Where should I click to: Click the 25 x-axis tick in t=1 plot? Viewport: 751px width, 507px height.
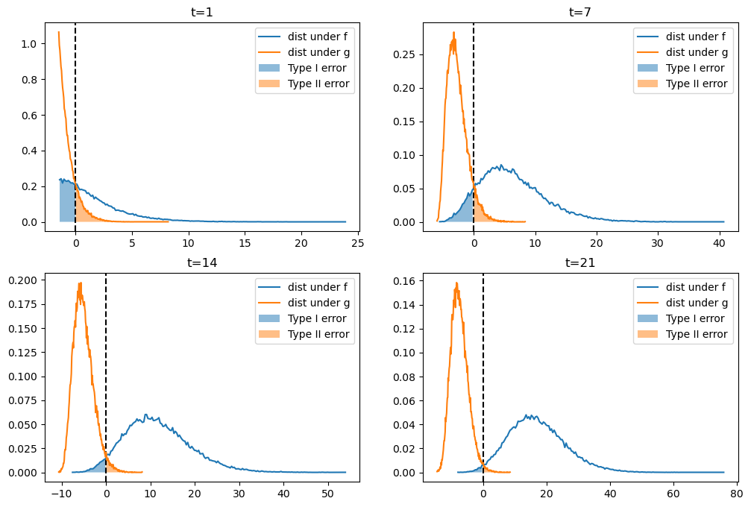(x=357, y=242)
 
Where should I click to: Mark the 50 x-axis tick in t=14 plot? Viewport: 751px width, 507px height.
(x=327, y=493)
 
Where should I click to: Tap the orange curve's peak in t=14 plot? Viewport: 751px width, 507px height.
(x=80, y=283)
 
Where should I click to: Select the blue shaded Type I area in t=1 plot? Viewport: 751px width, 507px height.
(x=67, y=201)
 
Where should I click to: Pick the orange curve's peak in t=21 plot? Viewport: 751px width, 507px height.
(x=456, y=283)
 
